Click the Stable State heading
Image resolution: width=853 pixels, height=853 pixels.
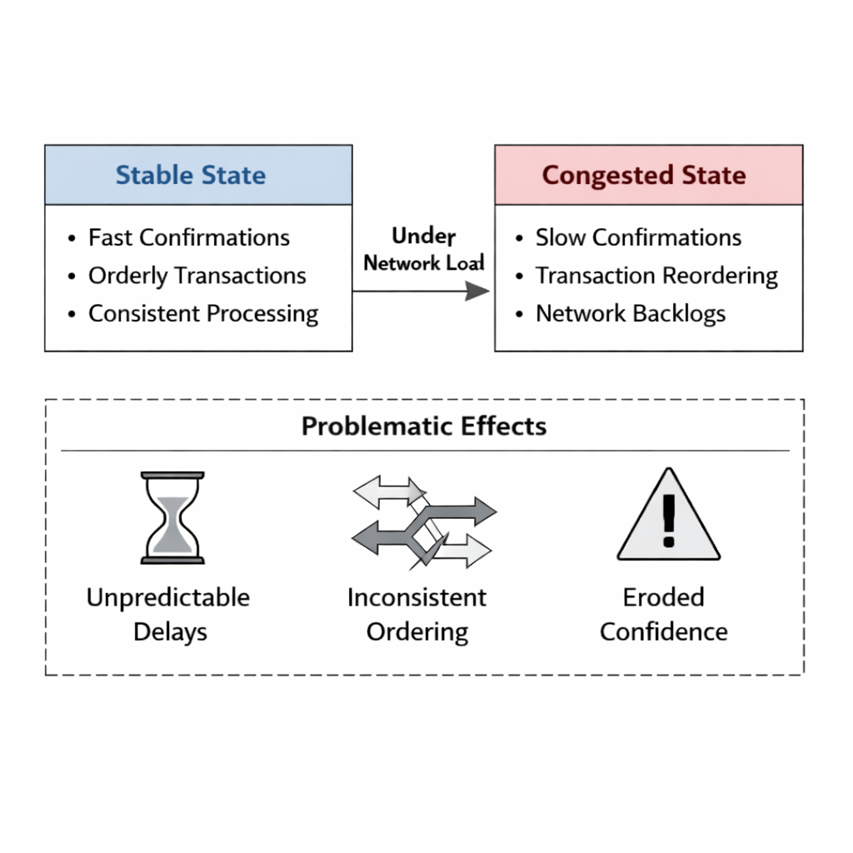(191, 176)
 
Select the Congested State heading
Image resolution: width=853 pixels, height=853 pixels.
(644, 176)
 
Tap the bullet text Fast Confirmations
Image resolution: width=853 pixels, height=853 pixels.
(189, 237)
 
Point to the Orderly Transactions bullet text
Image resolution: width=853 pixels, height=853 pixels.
(197, 276)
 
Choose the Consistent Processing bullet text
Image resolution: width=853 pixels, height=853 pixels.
(203, 314)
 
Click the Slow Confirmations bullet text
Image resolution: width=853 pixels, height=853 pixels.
(638, 237)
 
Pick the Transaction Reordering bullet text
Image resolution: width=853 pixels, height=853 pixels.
(656, 276)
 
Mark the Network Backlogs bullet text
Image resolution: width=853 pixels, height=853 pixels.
(631, 314)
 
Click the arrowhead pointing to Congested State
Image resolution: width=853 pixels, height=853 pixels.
(477, 291)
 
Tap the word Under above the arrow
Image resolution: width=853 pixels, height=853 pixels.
(423, 236)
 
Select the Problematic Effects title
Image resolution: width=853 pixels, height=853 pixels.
(424, 426)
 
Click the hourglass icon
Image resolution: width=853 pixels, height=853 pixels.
(172, 517)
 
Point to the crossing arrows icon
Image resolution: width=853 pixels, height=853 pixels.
(423, 523)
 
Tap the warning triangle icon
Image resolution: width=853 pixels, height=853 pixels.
(668, 516)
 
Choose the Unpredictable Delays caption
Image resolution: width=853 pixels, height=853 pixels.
(168, 614)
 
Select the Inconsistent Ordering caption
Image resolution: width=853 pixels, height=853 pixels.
(417, 614)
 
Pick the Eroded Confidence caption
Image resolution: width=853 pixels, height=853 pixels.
(664, 614)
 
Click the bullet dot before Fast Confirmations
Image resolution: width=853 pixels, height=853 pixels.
(72, 239)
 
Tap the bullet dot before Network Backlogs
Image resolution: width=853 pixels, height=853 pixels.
(520, 316)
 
